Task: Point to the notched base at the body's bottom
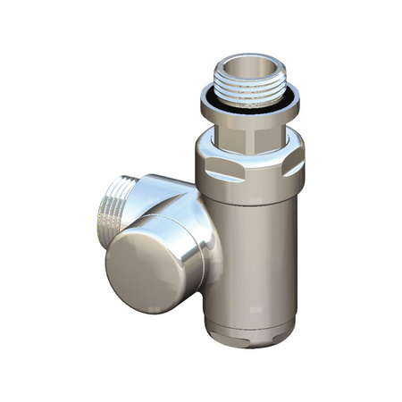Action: point(254,336)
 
